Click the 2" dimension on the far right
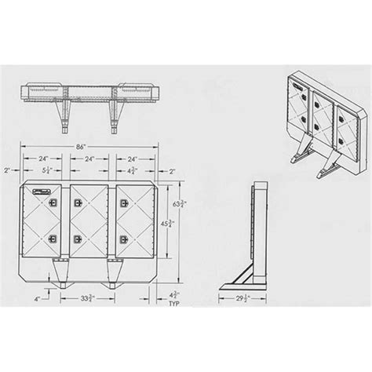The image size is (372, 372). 173,169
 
